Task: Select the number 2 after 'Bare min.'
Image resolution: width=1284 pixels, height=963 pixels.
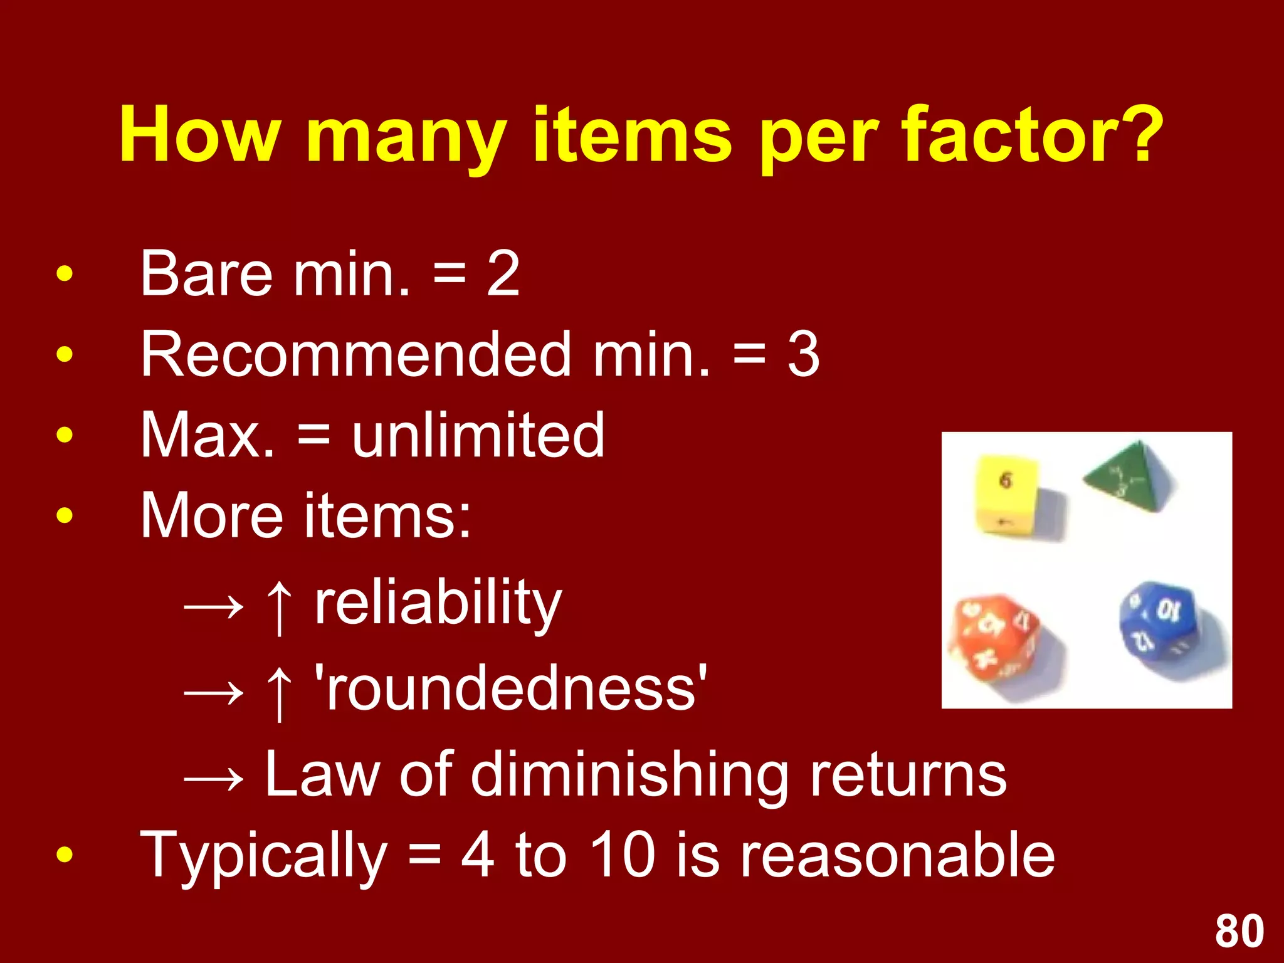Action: click(x=503, y=273)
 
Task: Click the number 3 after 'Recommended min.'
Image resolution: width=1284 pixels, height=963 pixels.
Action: click(x=803, y=354)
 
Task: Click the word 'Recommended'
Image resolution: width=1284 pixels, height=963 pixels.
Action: click(x=355, y=354)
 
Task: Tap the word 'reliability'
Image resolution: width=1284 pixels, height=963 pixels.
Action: click(x=438, y=603)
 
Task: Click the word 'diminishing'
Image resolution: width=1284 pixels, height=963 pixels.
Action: click(x=629, y=775)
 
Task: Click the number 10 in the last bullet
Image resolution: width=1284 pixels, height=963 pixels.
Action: click(x=623, y=855)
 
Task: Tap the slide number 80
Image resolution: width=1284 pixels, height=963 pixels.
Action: click(x=1239, y=932)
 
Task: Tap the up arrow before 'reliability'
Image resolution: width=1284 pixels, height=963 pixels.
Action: click(x=279, y=606)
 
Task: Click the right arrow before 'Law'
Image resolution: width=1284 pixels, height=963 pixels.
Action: click(x=214, y=779)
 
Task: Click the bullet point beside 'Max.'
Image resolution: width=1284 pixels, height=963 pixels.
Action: click(x=64, y=434)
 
